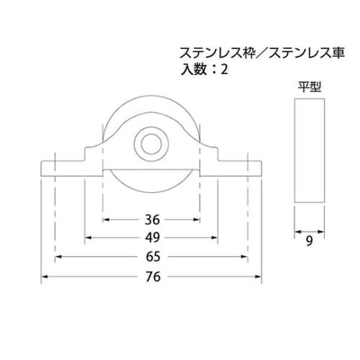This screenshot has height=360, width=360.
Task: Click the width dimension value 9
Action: [x=309, y=243]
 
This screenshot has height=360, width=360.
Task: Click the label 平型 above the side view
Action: [x=309, y=86]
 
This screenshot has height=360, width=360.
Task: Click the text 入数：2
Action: [x=207, y=70]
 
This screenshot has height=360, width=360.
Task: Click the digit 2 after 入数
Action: [x=228, y=70]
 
